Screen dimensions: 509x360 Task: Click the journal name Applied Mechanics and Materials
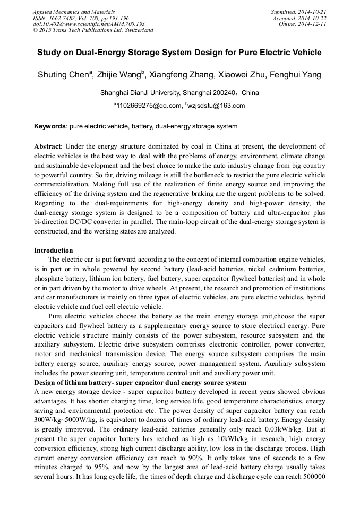coord(74,12)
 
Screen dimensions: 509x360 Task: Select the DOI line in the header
coord(89,24)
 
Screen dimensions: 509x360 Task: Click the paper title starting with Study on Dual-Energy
coord(179,53)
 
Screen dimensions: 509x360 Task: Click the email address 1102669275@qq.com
coord(149,106)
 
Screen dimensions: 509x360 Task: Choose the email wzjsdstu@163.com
coord(217,106)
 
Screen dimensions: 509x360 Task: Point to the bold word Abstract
coord(48,146)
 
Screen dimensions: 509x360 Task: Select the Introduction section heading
coord(54,250)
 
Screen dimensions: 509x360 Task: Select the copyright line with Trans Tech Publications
coord(93,30)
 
